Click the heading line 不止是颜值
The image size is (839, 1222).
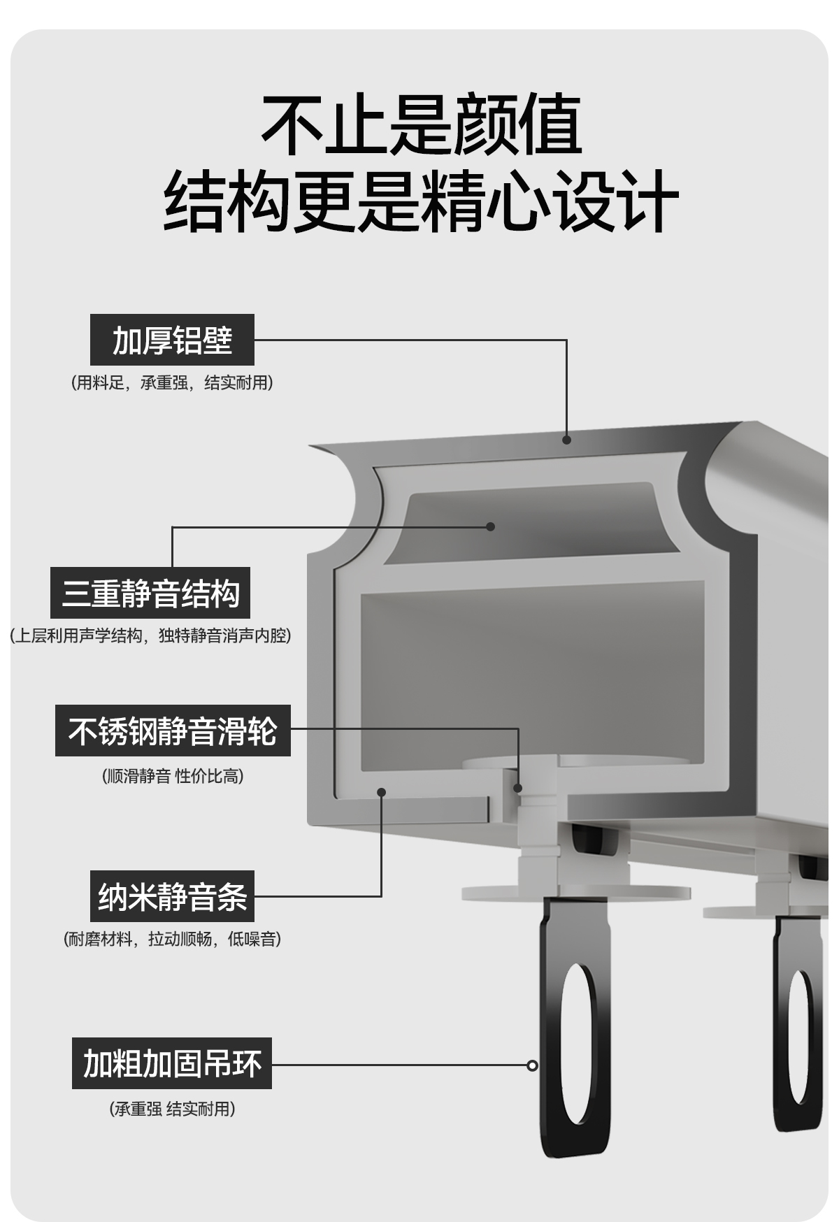coord(421,126)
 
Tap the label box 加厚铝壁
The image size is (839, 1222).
coord(172,340)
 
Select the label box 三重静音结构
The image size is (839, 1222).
coord(150,593)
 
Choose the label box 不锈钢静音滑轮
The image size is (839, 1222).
coord(173,731)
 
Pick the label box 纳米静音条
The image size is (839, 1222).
coord(172,896)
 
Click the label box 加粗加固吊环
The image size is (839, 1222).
coord(172,1063)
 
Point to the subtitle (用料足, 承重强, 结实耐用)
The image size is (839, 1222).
coord(172,383)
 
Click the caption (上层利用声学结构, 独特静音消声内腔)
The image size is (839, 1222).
coord(150,635)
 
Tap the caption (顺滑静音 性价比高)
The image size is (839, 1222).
coord(173,776)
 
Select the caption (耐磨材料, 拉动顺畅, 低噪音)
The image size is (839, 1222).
coord(172,939)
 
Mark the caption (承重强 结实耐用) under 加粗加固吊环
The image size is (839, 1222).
coord(172,1109)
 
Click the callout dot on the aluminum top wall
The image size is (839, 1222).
coord(566,440)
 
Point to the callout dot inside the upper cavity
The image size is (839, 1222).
coord(490,526)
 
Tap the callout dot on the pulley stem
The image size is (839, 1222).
coord(518,788)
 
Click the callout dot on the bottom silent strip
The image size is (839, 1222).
coord(381,792)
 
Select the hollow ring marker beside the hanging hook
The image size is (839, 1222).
coord(532,1065)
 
